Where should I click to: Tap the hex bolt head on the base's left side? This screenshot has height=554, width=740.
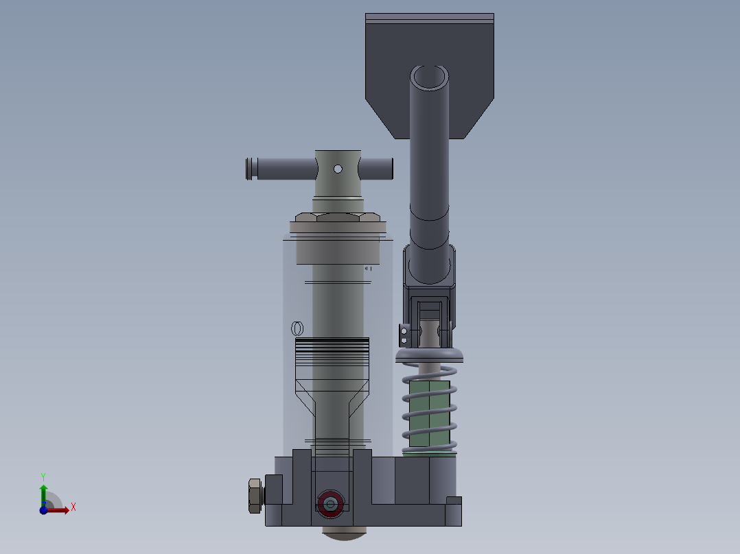tap(255, 496)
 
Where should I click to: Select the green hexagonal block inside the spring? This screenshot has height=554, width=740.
tap(430, 413)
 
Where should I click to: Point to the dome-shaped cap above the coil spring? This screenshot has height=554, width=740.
tap(430, 354)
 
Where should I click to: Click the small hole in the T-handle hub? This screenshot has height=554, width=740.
tap(338, 169)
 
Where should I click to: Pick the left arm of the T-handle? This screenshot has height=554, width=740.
tap(281, 169)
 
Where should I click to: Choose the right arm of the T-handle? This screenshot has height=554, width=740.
tap(375, 169)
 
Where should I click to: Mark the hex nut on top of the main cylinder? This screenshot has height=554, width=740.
tap(338, 217)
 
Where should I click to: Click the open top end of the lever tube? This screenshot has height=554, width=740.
tap(430, 77)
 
